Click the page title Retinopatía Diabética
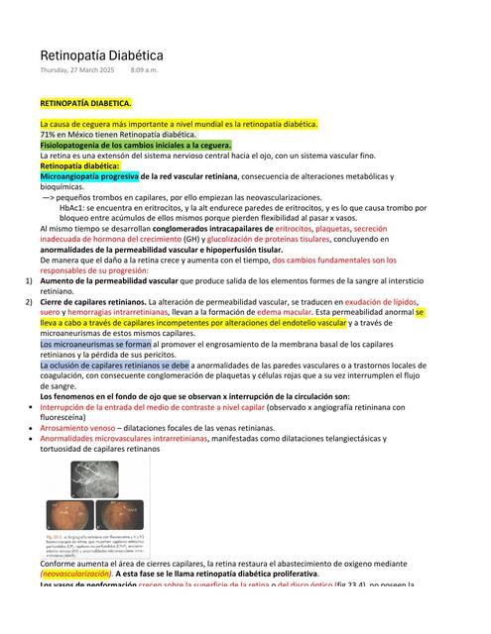coord(101,56)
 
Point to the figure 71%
coord(48,135)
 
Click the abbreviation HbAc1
coord(72,207)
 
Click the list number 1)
coord(30,281)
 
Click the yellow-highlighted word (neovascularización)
coord(75,574)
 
